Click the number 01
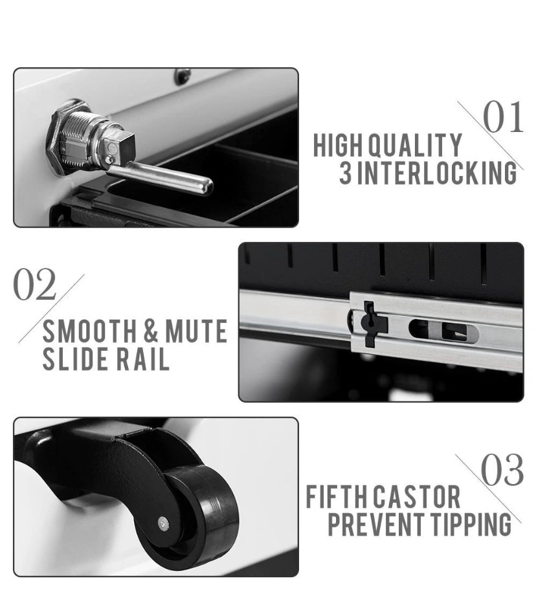(x=503, y=116)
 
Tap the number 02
(x=34, y=283)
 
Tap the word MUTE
(x=197, y=331)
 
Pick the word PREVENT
(x=375, y=524)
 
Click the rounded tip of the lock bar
(x=206, y=187)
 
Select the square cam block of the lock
(x=119, y=149)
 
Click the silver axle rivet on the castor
(x=163, y=524)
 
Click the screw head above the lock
(x=183, y=76)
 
